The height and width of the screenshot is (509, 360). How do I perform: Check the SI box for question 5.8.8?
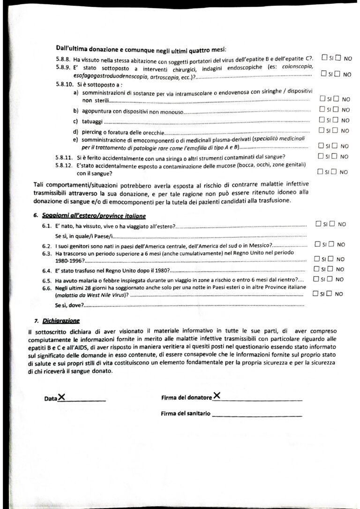[x=324, y=58]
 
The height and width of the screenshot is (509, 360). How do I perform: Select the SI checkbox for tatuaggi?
[x=322, y=120]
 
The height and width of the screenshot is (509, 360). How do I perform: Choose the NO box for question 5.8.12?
[x=335, y=171]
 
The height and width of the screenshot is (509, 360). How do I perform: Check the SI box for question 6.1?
[x=319, y=224]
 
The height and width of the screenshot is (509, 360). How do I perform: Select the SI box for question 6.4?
[x=318, y=269]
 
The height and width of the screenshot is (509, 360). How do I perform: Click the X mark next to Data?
[x=61, y=397]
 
